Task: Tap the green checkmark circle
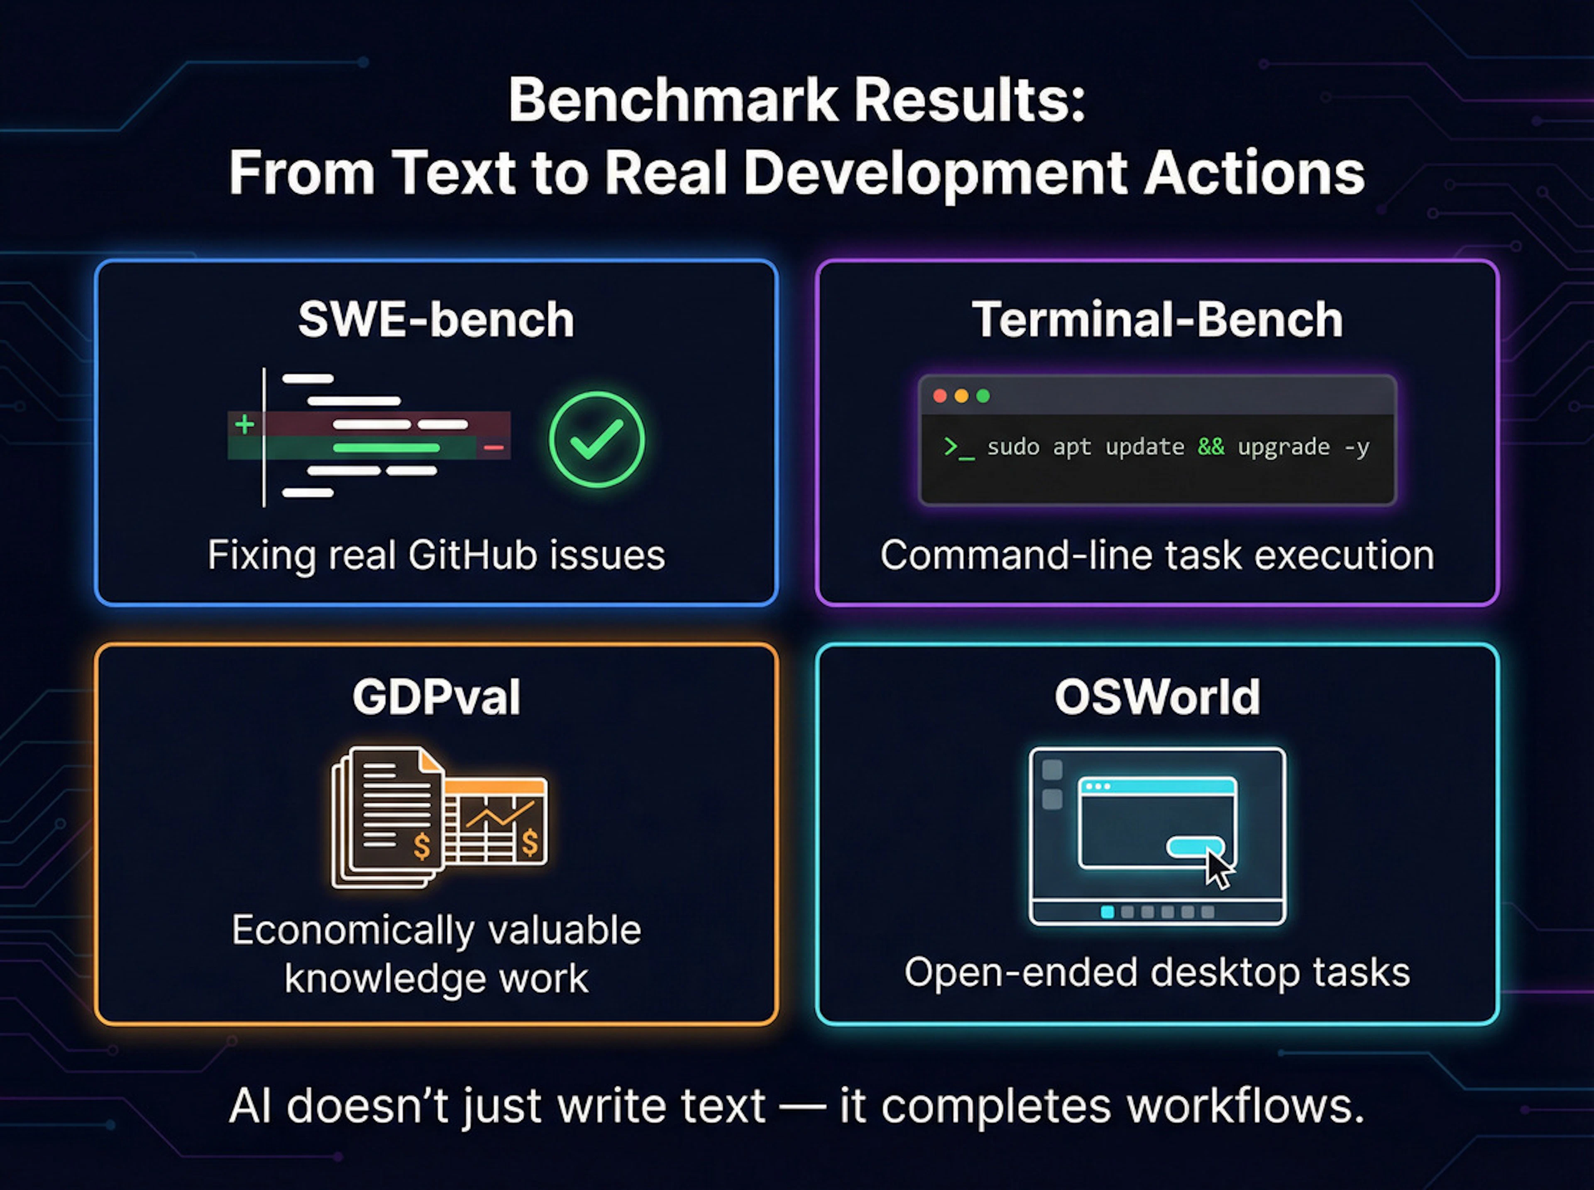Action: (597, 440)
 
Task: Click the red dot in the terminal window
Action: (939, 396)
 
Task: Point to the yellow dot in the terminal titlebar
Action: (961, 396)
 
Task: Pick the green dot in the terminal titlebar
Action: (983, 396)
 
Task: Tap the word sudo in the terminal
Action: (1013, 447)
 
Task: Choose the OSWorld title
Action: (1157, 697)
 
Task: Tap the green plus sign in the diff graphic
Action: (244, 424)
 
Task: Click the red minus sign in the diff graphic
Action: (494, 448)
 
